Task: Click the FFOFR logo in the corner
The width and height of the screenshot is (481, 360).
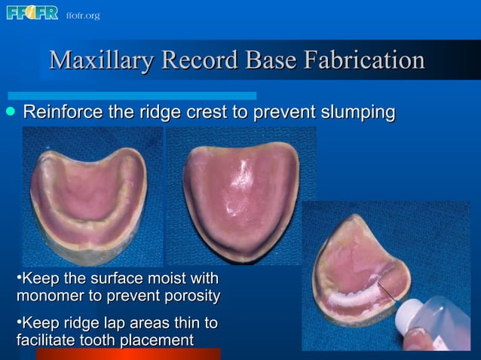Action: [x=32, y=13]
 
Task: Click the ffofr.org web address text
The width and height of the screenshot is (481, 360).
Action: [x=82, y=15]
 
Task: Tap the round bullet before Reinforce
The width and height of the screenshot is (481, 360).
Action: [x=10, y=112]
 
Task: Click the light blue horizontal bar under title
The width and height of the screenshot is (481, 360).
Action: [x=132, y=96]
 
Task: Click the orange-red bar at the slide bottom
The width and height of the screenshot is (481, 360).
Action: [x=128, y=354]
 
